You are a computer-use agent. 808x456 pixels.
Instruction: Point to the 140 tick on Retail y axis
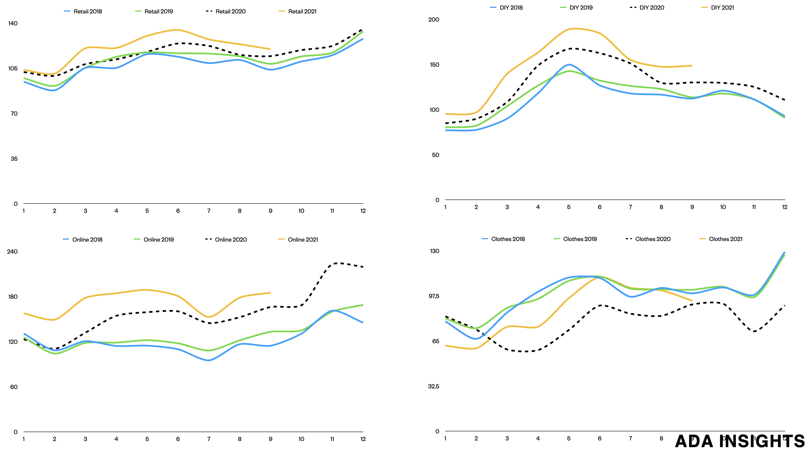(x=13, y=23)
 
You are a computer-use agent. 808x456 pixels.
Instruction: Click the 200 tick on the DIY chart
(x=434, y=19)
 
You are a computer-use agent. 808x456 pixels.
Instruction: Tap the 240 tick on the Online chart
(x=12, y=251)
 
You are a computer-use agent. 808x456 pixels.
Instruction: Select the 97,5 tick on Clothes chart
(x=434, y=296)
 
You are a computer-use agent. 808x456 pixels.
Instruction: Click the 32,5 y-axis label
(x=434, y=386)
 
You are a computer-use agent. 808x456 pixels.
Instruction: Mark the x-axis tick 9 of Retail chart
(x=270, y=211)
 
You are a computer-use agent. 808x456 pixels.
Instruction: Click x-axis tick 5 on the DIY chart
(x=569, y=207)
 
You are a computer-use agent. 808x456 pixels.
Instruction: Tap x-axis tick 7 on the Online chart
(x=209, y=439)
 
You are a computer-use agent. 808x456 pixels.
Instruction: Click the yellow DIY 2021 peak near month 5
(x=572, y=28)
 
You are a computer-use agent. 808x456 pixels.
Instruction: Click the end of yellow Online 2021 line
(x=270, y=293)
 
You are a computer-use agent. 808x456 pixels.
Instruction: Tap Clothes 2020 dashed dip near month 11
(x=754, y=331)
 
